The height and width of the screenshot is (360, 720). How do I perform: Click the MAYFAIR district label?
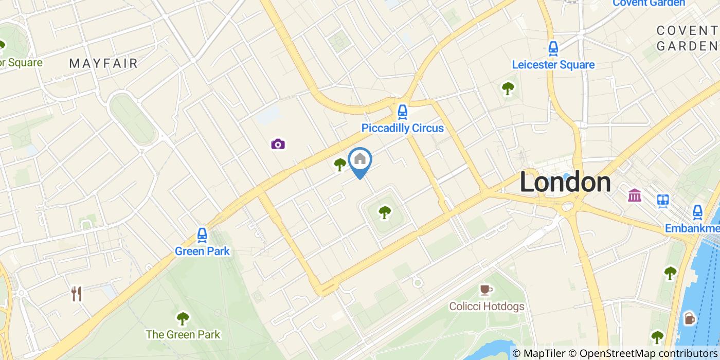pyautogui.click(x=103, y=63)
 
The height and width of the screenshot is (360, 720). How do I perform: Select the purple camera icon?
pyautogui.click(x=278, y=144)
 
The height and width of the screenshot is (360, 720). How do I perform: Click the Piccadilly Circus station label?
pyautogui.click(x=402, y=128)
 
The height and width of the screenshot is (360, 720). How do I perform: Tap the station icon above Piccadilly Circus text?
pyautogui.click(x=402, y=111)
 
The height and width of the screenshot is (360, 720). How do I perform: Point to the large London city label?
pyautogui.click(x=565, y=183)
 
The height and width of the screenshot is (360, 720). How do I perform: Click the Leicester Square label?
pyautogui.click(x=553, y=65)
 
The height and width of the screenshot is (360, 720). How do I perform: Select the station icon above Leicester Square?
pyautogui.click(x=553, y=49)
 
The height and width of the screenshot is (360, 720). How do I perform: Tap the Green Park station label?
pyautogui.click(x=202, y=251)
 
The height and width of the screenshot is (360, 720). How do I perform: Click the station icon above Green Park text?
pyautogui.click(x=202, y=235)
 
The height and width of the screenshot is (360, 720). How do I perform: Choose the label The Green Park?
pyautogui.click(x=183, y=334)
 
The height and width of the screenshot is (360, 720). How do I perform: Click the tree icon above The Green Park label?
pyautogui.click(x=183, y=318)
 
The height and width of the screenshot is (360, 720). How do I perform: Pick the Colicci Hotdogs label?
pyautogui.click(x=487, y=307)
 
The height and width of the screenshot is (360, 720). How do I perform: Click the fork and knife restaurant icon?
pyautogui.click(x=77, y=294)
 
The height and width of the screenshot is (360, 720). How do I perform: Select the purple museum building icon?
pyautogui.click(x=635, y=195)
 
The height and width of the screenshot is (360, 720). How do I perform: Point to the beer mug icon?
pyautogui.click(x=690, y=319)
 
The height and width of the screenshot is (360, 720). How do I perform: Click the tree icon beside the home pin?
pyautogui.click(x=340, y=165)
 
